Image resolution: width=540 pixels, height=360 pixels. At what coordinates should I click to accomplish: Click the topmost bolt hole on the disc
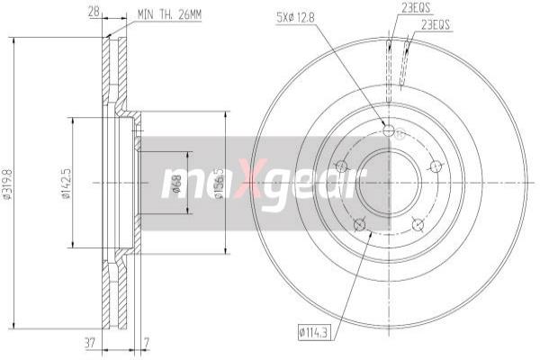tap(388, 131)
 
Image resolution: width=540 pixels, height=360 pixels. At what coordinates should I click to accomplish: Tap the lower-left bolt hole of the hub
tap(358, 224)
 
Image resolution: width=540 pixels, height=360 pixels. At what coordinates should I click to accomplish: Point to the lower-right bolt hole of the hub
tap(417, 223)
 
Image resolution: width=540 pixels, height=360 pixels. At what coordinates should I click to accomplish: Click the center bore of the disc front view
tap(388, 184)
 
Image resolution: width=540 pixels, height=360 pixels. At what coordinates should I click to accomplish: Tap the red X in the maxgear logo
tap(253, 184)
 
